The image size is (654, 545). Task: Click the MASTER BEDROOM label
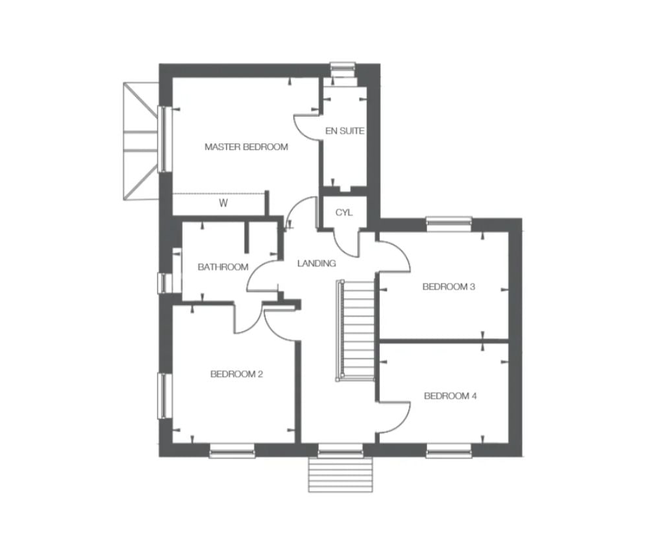[246, 147]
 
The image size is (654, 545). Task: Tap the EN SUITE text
[345, 131]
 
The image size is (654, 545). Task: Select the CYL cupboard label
[344, 213]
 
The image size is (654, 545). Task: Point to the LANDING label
[317, 263]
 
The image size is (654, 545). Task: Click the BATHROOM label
[223, 267]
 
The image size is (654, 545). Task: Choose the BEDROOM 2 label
[237, 374]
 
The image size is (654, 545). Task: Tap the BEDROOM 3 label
[449, 287]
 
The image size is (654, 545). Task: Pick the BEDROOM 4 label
[450, 396]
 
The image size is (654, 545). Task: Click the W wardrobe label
[224, 203]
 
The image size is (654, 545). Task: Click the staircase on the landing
[355, 330]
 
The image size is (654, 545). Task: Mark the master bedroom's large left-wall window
[164, 139]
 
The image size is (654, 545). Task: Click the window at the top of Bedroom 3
[449, 224]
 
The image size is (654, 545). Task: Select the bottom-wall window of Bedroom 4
[449, 450]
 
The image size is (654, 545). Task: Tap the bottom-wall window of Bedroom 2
[232, 451]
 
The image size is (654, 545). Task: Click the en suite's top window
[343, 68]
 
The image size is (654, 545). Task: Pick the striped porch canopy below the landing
[340, 474]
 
